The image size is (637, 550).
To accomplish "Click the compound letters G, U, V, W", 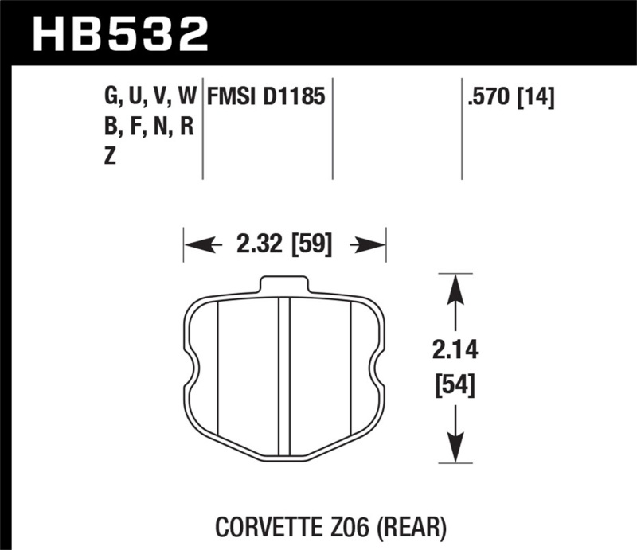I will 150,98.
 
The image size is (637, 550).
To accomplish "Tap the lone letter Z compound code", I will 110,157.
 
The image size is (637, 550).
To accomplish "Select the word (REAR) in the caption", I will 417,526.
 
